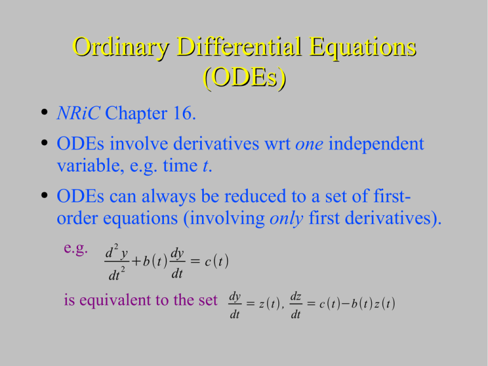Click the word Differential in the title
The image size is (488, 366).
click(x=240, y=46)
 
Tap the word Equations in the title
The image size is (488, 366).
click(x=363, y=48)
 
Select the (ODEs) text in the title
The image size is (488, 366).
click(x=244, y=77)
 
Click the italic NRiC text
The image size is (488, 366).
click(x=78, y=113)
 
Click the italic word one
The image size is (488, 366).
click(x=309, y=144)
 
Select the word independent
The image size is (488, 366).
click(x=376, y=144)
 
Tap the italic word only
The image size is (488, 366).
click(x=286, y=218)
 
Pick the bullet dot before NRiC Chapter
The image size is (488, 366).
click(x=44, y=111)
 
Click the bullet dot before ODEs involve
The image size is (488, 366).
click(x=44, y=143)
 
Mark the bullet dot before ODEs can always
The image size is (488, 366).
click(x=44, y=195)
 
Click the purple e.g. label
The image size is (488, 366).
click(x=76, y=249)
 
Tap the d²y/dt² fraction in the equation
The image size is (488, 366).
click(x=117, y=262)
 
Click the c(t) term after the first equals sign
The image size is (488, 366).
click(x=217, y=261)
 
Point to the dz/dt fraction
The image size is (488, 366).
click(x=295, y=305)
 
